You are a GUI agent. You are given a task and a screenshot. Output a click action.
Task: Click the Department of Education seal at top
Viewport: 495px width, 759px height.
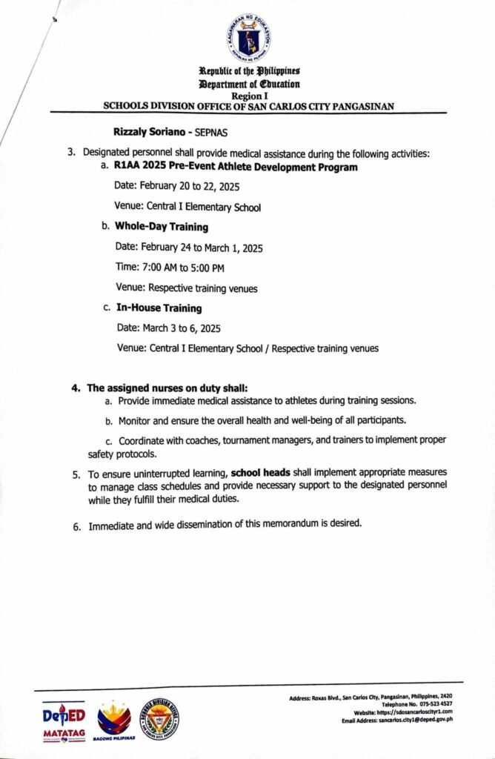point(248,38)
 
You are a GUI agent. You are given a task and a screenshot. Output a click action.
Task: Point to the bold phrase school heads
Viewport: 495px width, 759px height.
point(265,472)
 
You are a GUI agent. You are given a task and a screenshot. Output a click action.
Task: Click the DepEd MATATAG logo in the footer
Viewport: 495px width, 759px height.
point(63,720)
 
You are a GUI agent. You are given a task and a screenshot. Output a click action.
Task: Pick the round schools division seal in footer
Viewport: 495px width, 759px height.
point(159,720)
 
